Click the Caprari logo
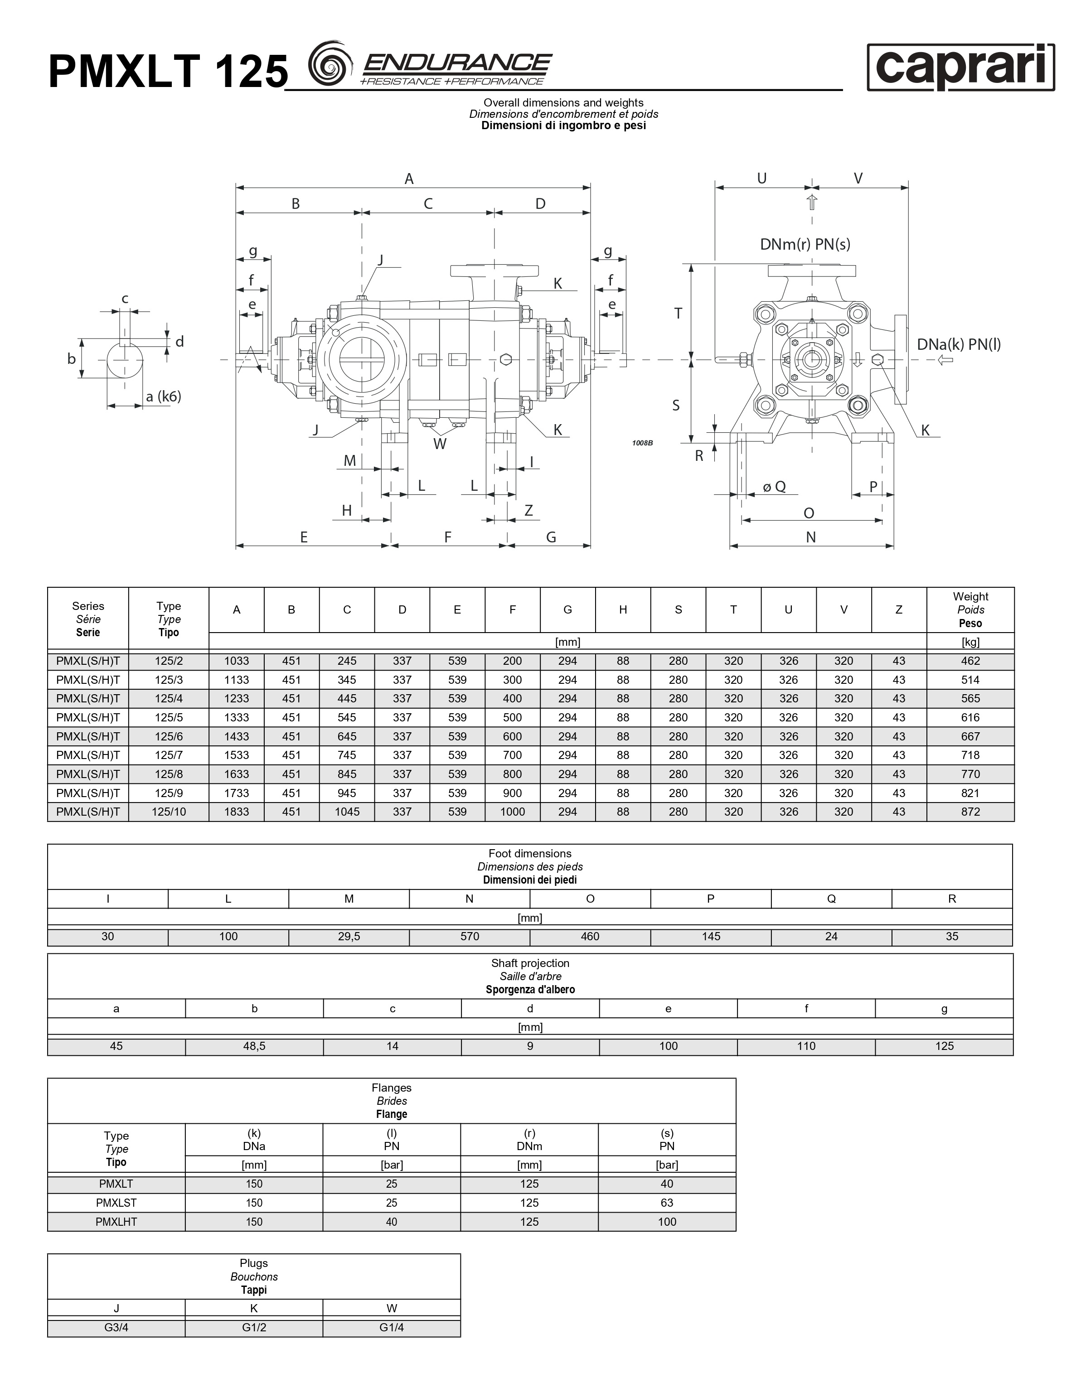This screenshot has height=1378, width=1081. tap(961, 67)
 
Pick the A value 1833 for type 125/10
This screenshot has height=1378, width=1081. tap(237, 812)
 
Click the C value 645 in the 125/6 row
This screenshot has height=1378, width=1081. tap(347, 736)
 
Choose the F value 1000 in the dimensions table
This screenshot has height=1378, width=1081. tap(513, 812)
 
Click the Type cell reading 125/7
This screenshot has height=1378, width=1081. tap(169, 755)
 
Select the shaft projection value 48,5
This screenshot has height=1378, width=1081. tap(254, 1046)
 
